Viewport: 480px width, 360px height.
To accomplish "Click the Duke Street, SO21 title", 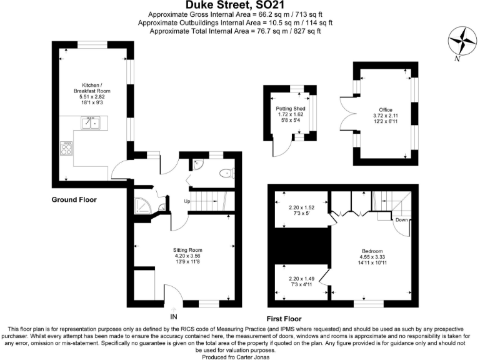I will point(240,5).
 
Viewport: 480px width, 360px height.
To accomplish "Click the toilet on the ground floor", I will point(226,174).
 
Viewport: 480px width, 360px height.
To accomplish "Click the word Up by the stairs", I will point(186,201).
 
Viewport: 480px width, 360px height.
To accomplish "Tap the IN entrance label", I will point(174,316).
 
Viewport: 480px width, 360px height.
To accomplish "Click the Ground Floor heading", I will point(74,199).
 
